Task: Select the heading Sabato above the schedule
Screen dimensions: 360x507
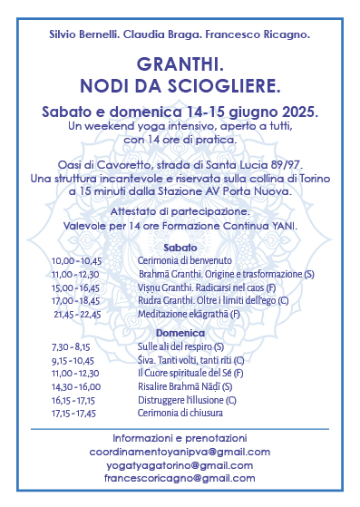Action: coord(180,248)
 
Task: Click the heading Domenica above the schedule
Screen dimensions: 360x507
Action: coord(180,333)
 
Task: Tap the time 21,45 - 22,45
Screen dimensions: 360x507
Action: coord(77,314)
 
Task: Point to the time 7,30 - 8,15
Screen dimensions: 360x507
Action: coord(72,346)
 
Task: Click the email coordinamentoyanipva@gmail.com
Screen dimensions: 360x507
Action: coord(180,451)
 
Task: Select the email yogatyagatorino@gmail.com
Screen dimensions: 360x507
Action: coord(180,464)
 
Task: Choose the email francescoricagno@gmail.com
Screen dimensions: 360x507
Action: coord(180,478)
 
